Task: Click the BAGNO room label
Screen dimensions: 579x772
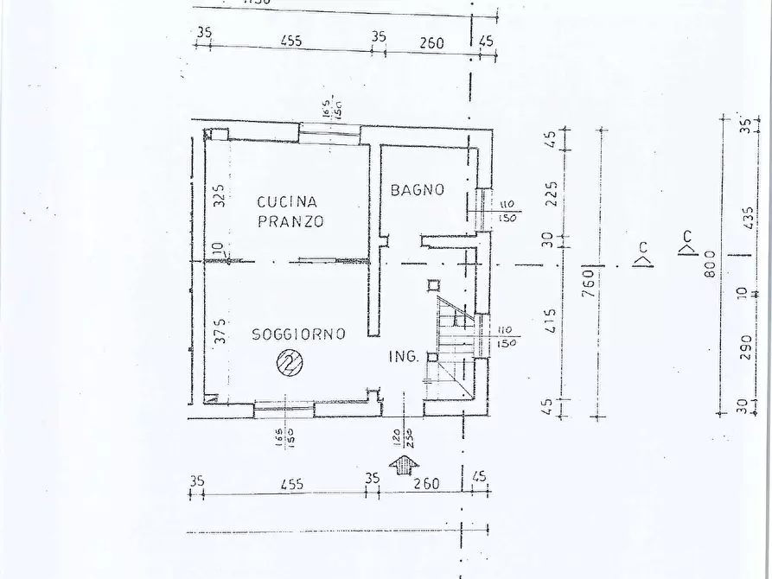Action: pos(417,189)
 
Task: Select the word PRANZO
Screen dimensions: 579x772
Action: pos(290,221)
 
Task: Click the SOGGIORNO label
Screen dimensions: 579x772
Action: pos(298,334)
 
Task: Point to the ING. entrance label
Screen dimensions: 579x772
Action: pos(405,356)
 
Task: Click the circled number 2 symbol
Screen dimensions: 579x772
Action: pos(289,363)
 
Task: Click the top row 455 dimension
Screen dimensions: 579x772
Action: pos(290,41)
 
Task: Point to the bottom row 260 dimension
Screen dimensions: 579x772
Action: pos(426,484)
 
